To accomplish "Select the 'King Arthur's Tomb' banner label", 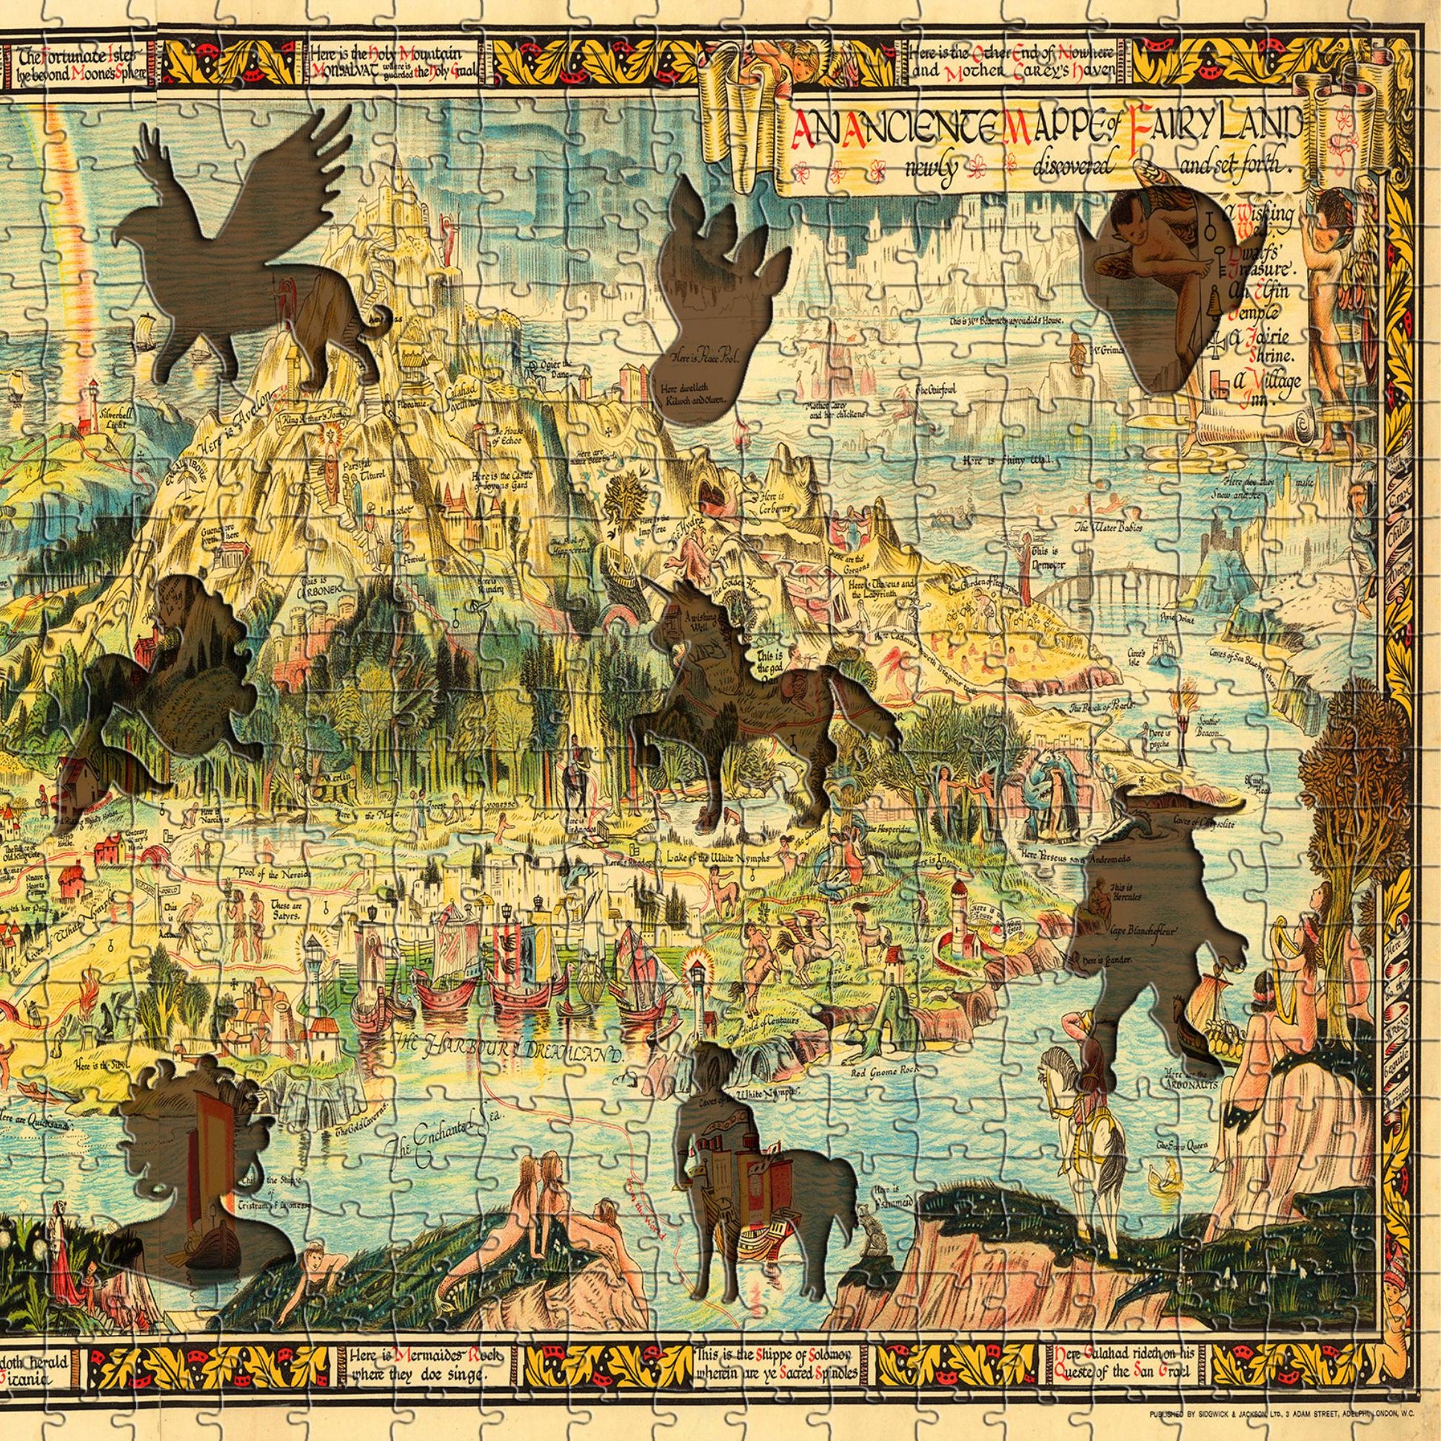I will pos(308,425).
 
